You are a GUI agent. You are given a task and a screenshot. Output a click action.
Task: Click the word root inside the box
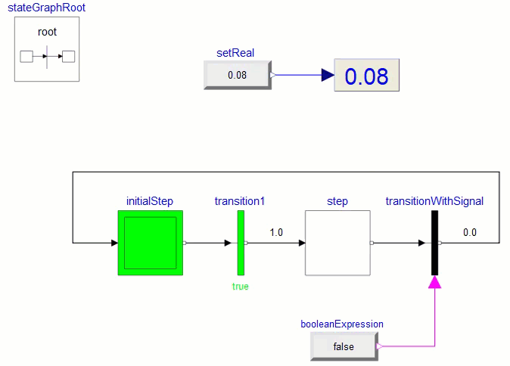[x=47, y=32]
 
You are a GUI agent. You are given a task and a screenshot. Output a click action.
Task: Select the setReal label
[x=235, y=53]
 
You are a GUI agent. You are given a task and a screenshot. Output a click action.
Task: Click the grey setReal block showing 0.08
[x=237, y=76]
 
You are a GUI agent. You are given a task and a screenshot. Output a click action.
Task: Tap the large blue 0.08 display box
[x=366, y=76]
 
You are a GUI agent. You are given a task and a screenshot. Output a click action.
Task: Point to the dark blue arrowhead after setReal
[x=327, y=75]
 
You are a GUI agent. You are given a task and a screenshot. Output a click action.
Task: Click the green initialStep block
[x=150, y=243]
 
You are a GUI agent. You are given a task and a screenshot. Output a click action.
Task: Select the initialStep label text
[x=150, y=201]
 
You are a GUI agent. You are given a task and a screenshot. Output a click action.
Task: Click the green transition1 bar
[x=241, y=243]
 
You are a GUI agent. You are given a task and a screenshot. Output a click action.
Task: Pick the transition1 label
[x=240, y=201]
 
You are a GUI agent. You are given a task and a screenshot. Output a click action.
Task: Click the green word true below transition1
[x=240, y=287]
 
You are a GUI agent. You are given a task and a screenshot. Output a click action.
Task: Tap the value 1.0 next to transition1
[x=275, y=233]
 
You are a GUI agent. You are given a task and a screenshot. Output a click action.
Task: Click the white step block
[x=337, y=243]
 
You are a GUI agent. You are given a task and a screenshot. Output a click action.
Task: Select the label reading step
[x=337, y=201]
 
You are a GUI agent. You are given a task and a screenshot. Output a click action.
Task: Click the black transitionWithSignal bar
[x=434, y=243]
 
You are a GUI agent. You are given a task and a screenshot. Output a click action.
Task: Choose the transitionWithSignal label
[x=434, y=201]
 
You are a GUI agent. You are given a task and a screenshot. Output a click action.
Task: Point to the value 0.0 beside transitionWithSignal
[x=470, y=233]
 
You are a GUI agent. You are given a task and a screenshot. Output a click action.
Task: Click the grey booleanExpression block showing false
[x=344, y=346]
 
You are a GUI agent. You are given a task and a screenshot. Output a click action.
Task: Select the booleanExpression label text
[x=342, y=324]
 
